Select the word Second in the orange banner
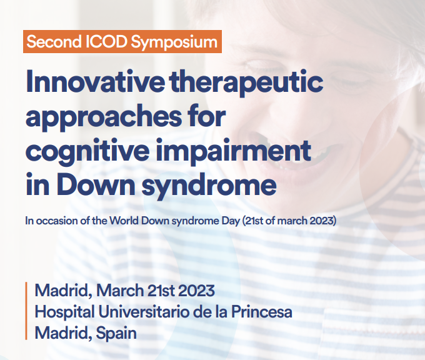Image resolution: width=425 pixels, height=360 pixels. (x=54, y=42)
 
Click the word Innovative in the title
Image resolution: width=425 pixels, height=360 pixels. (x=95, y=82)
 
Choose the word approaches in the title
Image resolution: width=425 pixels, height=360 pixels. (x=103, y=119)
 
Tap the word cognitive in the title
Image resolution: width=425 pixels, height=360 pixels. (x=87, y=152)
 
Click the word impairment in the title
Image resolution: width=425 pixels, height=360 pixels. (x=233, y=152)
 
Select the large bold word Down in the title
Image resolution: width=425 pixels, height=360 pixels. (x=96, y=184)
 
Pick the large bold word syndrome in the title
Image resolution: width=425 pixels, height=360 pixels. (x=209, y=186)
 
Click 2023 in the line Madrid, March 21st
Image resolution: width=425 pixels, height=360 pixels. (x=196, y=291)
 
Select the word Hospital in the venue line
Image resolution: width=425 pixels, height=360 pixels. (x=65, y=312)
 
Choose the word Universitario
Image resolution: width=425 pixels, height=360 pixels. (x=144, y=312)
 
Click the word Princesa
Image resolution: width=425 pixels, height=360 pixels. (x=261, y=312)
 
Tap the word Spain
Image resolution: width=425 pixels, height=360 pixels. (x=116, y=333)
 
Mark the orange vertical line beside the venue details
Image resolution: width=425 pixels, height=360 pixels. (x=26, y=311)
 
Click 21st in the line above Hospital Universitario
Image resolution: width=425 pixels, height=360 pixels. (x=161, y=291)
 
